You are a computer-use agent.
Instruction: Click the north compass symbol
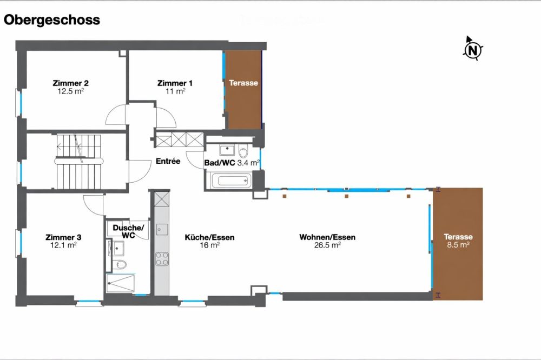click(473, 50)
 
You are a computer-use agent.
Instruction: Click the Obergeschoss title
click(52, 20)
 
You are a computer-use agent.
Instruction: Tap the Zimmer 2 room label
click(70, 83)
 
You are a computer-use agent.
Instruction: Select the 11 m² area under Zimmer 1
click(175, 91)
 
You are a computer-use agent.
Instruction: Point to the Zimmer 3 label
click(63, 237)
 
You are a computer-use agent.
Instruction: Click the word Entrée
click(168, 161)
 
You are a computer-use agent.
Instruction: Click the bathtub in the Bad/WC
click(228, 181)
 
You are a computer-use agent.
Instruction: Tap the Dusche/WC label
click(128, 231)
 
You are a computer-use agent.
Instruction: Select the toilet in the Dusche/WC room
click(121, 264)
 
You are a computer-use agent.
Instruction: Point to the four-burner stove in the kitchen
click(162, 258)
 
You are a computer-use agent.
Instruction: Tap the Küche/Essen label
click(209, 237)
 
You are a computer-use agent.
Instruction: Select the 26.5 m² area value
click(327, 245)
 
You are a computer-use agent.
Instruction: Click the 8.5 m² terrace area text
click(458, 244)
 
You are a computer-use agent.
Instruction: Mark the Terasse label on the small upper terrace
click(243, 83)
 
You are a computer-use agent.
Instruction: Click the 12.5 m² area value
click(70, 91)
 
